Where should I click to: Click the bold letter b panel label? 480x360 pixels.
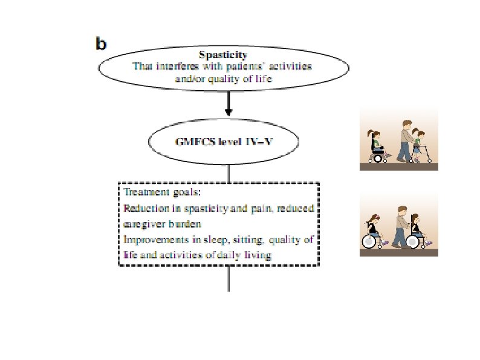[x=101, y=44]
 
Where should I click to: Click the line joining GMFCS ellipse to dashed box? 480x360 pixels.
[x=229, y=173]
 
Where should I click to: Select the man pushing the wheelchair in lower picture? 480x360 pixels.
[x=400, y=227]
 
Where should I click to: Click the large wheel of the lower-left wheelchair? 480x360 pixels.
[x=369, y=241]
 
